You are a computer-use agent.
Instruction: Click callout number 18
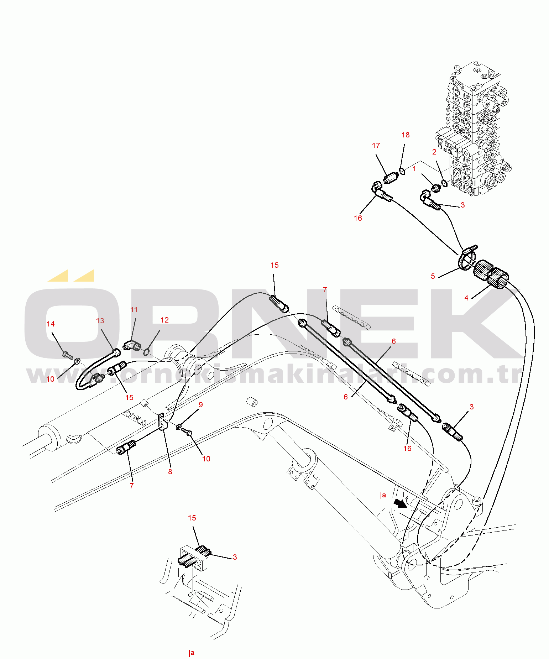(x=405, y=135)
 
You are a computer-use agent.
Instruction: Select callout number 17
(x=376, y=146)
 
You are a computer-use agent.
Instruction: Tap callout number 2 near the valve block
(x=434, y=152)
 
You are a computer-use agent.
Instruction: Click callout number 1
(x=414, y=169)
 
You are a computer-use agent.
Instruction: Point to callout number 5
(x=433, y=276)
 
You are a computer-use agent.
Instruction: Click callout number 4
(x=466, y=298)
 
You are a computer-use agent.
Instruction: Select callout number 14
(x=51, y=324)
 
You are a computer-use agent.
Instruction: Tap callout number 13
(x=100, y=321)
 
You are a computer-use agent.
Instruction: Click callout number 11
(x=134, y=310)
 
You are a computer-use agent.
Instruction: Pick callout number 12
(x=164, y=320)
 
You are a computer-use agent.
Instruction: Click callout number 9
(x=201, y=405)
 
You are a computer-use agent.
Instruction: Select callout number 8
(x=170, y=472)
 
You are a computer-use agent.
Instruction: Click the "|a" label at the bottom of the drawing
(x=192, y=653)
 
